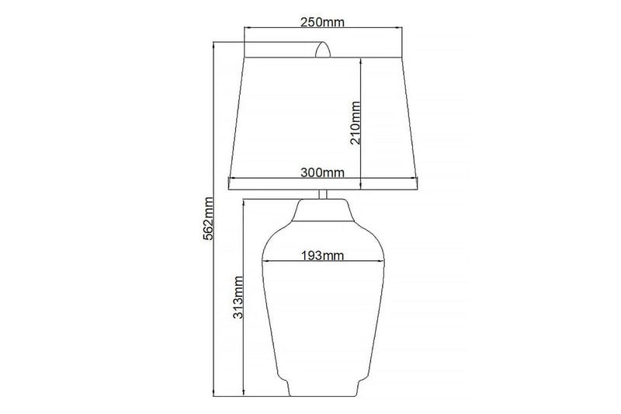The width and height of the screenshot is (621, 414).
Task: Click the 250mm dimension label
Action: [x=322, y=22]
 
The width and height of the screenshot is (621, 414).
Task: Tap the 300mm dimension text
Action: [x=322, y=172]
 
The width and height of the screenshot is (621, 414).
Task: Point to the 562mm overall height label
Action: [x=208, y=217]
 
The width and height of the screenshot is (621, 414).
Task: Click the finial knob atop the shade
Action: [x=323, y=51]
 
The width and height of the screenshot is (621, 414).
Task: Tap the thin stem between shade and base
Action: [x=323, y=194]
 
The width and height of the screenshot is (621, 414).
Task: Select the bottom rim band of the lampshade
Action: [x=322, y=184]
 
